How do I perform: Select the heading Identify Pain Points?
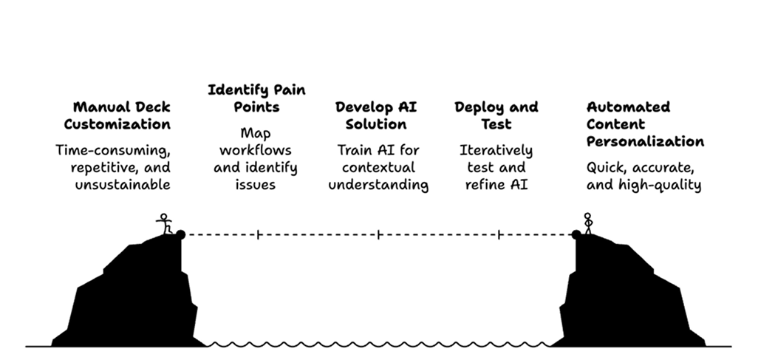point(256,98)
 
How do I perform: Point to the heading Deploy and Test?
point(496,115)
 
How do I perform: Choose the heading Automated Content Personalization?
point(644,123)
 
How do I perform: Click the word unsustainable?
point(122,185)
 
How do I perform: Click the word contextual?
point(378,167)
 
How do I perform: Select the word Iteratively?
point(496,150)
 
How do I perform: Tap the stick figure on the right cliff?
point(588,223)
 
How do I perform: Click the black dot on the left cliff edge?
point(180,235)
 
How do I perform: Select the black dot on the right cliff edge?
point(576,235)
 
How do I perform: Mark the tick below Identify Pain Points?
point(258,235)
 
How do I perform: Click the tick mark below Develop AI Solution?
point(379,235)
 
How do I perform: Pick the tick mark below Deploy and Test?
point(499,235)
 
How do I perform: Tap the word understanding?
point(378,185)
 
